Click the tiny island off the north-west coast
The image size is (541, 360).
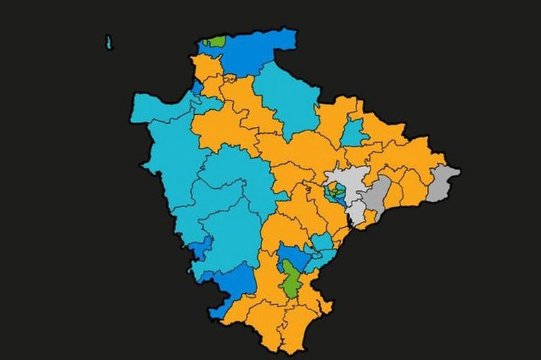click(x=109, y=42)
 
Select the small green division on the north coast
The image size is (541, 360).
click(x=214, y=42)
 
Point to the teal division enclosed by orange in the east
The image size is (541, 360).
click(x=354, y=132)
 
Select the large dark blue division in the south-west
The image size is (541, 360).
click(x=232, y=285)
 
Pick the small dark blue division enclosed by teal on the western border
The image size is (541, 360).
click(x=202, y=247)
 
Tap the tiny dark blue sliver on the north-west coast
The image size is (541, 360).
click(x=197, y=88)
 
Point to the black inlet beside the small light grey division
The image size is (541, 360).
click(x=349, y=224)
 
